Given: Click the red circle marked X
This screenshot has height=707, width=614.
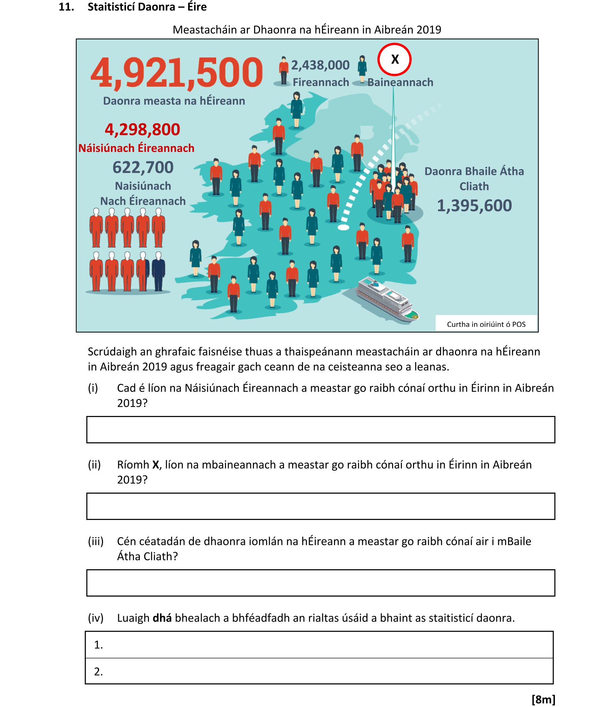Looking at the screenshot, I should click(x=394, y=59).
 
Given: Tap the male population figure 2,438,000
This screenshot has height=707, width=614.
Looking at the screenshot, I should click(x=320, y=65).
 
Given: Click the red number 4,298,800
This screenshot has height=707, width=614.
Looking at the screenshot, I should click(x=142, y=129).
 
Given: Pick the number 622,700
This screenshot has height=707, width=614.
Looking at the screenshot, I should click(x=143, y=167).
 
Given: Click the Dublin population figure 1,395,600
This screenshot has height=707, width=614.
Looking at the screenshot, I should click(x=474, y=206).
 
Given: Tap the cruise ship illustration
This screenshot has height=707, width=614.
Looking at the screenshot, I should click(x=387, y=299).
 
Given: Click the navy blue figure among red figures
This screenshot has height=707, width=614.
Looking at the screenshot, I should click(x=158, y=271).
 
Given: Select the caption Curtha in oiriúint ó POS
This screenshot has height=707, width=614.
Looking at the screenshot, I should click(x=486, y=324).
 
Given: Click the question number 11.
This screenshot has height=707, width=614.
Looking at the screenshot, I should click(x=66, y=7).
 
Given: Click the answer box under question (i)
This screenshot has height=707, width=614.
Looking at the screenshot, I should click(x=321, y=429).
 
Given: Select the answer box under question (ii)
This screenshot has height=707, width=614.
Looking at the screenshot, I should click(x=321, y=506).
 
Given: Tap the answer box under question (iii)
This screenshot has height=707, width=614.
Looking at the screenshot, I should click(x=321, y=583).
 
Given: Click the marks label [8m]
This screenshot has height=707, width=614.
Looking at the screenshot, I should click(x=543, y=699).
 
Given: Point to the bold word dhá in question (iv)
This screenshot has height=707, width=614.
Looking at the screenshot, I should click(x=162, y=618).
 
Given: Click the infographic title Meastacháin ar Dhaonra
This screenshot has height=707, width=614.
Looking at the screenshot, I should click(x=307, y=30).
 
